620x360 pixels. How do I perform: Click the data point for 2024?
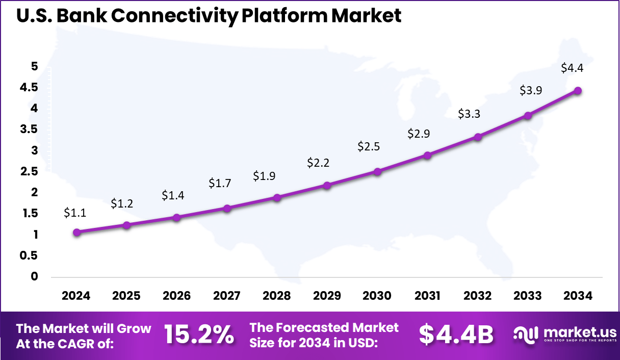76,232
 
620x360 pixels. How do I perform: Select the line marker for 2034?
578,91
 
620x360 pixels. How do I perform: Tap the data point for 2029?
327,185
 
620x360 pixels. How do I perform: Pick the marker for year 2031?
427,155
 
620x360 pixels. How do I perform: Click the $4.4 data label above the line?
572,68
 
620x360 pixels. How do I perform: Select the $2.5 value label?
369,147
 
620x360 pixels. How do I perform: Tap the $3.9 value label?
531,90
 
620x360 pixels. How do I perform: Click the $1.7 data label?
220,183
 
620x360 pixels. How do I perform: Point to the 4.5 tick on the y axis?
29,87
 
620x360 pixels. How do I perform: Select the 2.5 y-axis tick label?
29,171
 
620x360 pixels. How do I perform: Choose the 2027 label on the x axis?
226,296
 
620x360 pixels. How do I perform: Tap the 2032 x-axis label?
477,296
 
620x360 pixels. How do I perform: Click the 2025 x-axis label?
126,296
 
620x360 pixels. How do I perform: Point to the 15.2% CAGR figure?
199,335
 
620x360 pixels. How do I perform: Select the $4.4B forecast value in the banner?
456,335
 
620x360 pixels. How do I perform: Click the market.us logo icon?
525,335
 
